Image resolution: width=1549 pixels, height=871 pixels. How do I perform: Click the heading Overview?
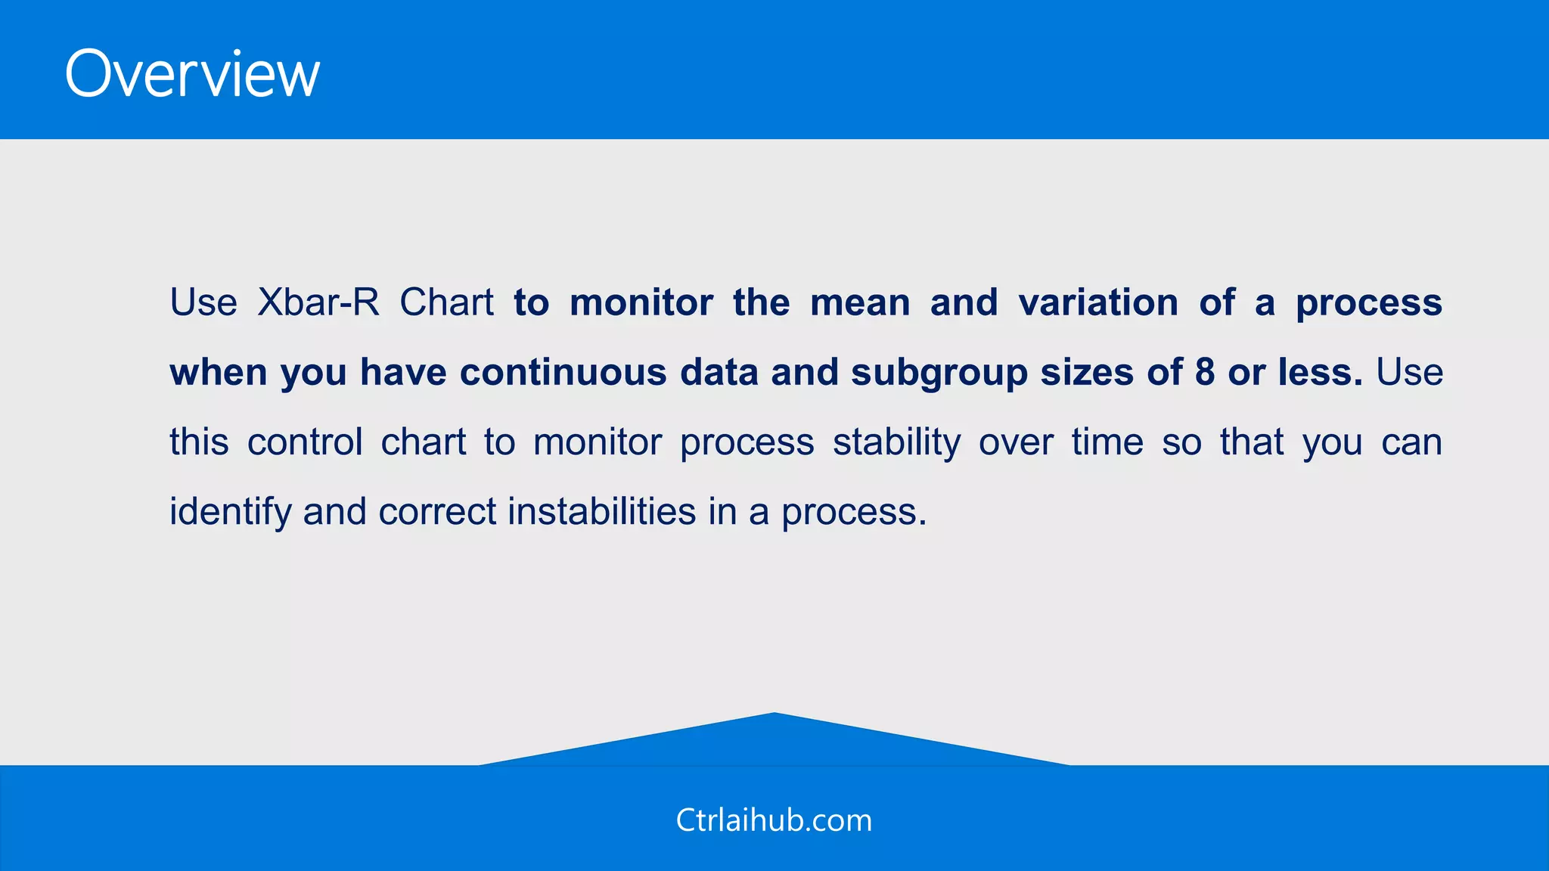(192, 74)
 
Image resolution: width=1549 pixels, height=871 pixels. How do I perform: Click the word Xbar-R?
(318, 302)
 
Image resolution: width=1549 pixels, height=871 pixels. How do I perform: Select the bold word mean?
(860, 302)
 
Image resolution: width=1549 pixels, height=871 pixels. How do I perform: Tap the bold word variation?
(1098, 302)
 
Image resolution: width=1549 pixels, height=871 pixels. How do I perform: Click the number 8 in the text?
(1205, 372)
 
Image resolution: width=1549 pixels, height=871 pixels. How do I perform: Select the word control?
(305, 442)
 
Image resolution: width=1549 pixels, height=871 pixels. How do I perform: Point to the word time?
(1107, 442)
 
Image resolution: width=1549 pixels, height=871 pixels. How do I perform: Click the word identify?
(230, 513)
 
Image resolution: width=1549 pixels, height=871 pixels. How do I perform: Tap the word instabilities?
(601, 511)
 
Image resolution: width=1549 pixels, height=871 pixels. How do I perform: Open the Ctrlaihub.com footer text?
(774, 820)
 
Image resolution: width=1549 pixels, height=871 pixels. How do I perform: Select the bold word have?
(403, 372)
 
